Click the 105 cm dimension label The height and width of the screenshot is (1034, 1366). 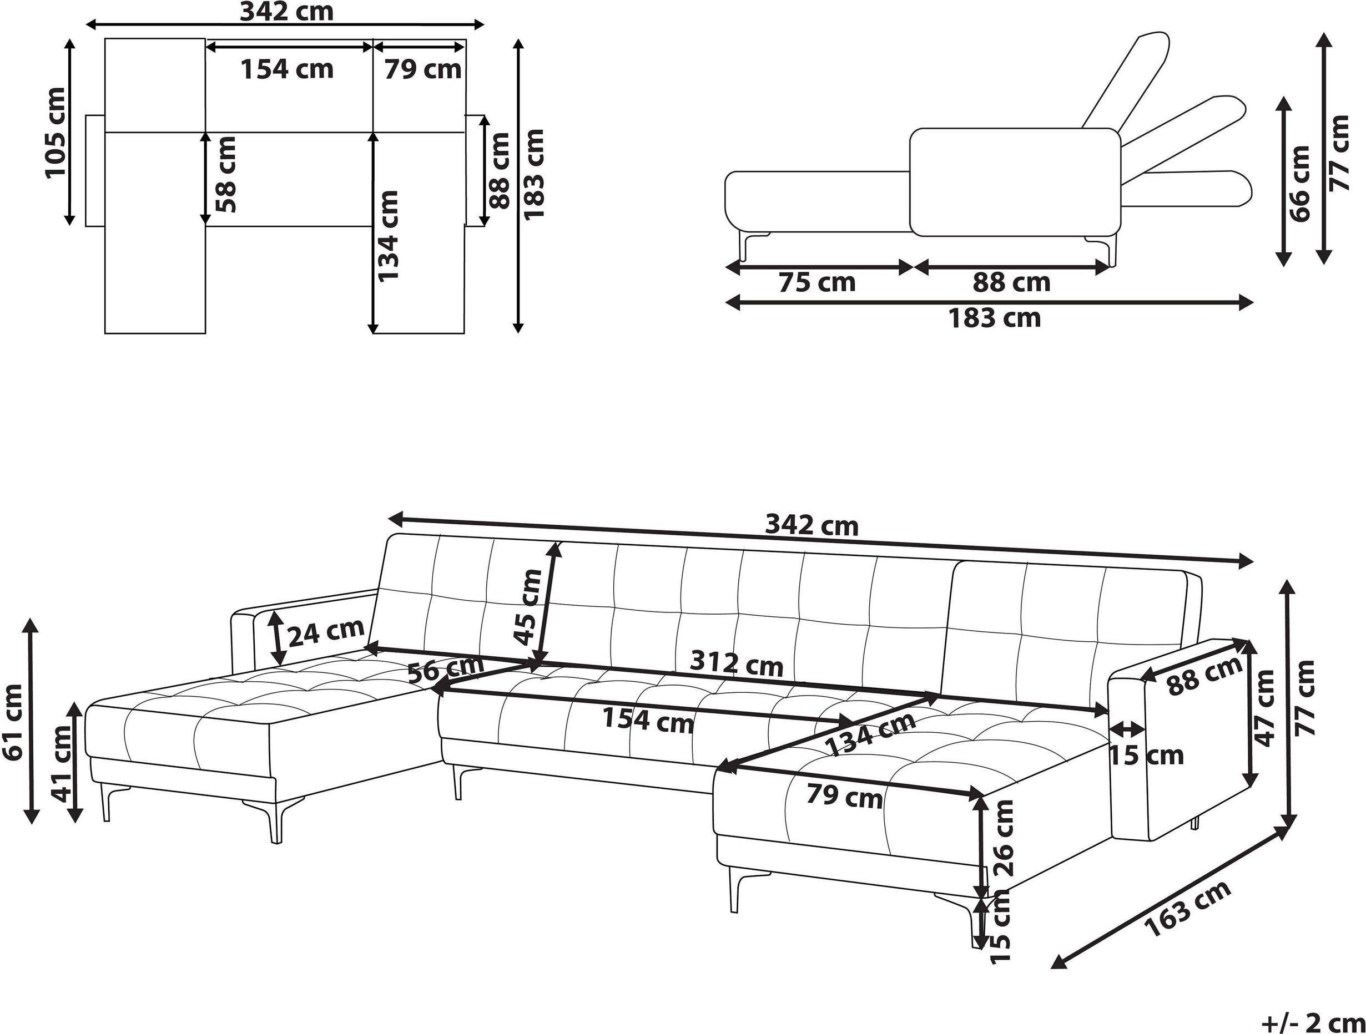(x=55, y=132)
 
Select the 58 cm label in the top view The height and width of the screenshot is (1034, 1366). (x=226, y=174)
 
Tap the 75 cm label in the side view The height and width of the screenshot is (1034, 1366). (x=816, y=282)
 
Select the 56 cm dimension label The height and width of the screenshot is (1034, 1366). (x=446, y=668)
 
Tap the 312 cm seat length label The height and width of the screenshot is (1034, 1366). (x=736, y=663)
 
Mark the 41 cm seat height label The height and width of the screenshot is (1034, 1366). (x=62, y=764)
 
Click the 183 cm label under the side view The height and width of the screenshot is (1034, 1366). (x=995, y=318)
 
